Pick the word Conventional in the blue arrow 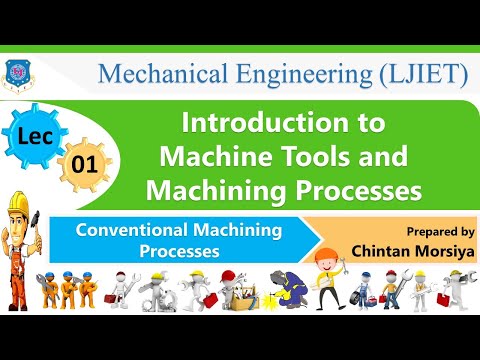point(135,230)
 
